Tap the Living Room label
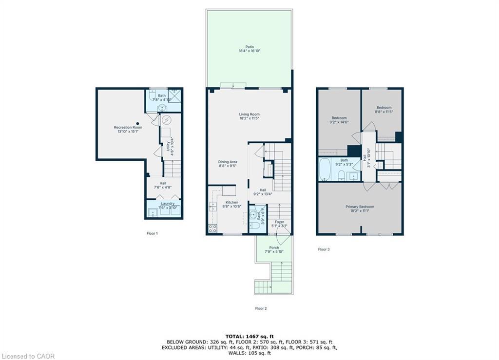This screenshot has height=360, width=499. click(x=249, y=116)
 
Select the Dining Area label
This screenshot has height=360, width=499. click(x=227, y=164)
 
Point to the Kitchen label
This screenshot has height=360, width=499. click(x=231, y=204)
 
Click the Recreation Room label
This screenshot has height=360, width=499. click(x=128, y=129)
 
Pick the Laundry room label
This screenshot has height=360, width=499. click(x=168, y=206)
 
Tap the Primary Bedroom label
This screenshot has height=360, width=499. click(x=360, y=209)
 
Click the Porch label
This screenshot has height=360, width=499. click(x=274, y=249)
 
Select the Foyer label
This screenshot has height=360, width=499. click(x=279, y=224)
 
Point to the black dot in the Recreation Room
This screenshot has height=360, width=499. click(x=138, y=123)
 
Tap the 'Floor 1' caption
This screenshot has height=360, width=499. click(x=152, y=233)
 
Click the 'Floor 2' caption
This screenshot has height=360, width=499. click(x=261, y=308)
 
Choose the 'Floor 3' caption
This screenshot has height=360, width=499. click(x=324, y=249)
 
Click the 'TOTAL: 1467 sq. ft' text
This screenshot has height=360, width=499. click(x=249, y=337)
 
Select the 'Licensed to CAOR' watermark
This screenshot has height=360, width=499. click(x=28, y=356)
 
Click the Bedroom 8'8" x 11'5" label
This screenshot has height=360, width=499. click(x=384, y=110)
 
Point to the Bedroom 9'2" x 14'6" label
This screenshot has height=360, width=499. click(x=339, y=120)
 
